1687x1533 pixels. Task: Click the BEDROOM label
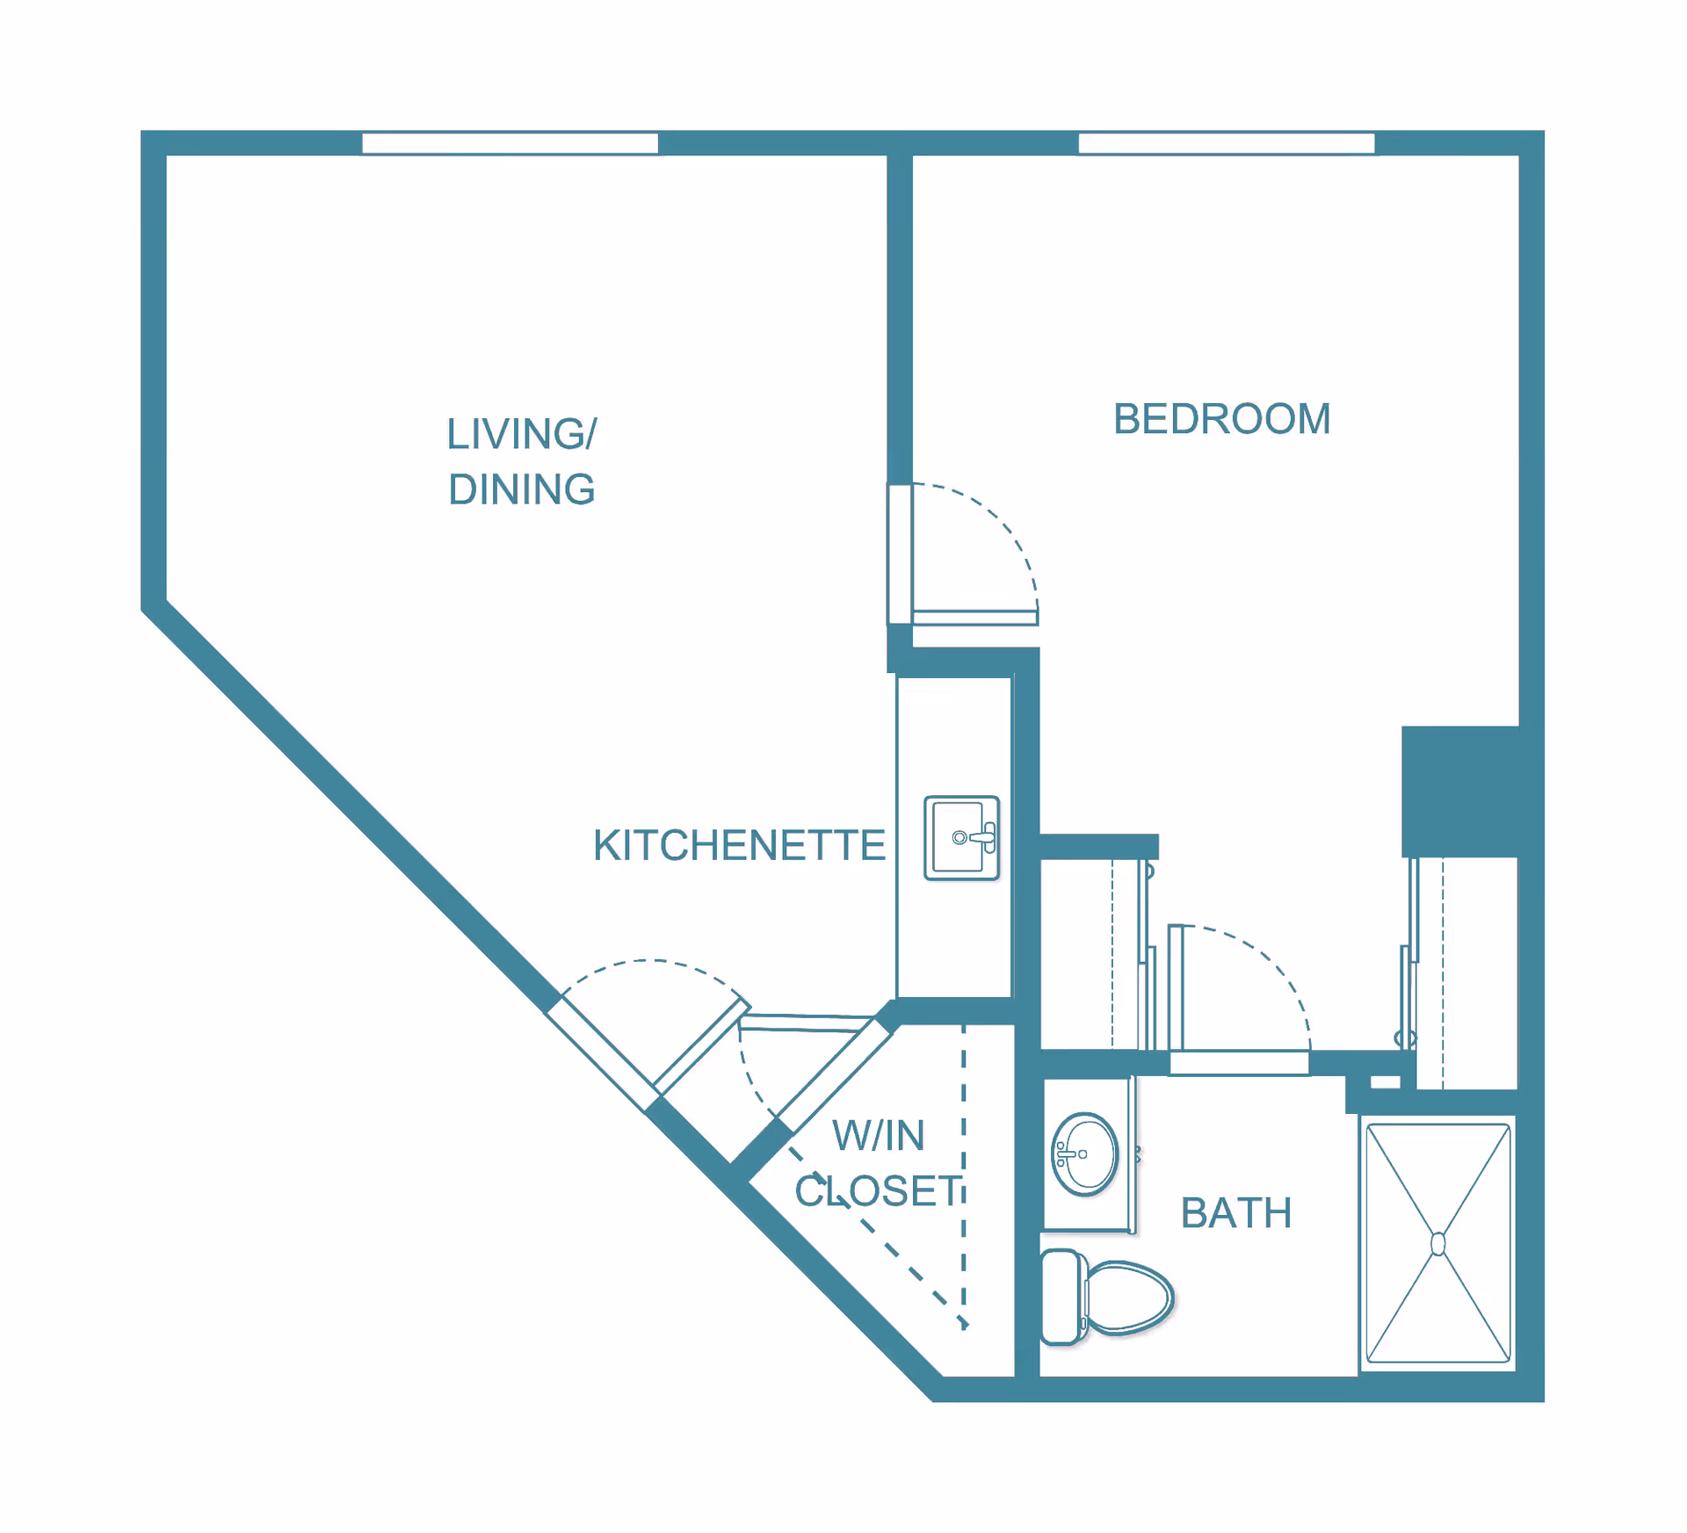[x=1221, y=419]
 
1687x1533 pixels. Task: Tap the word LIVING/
[x=522, y=434]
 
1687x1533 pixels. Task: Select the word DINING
[x=522, y=489]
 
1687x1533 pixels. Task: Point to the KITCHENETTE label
[x=739, y=845]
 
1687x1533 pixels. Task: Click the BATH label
[x=1235, y=1213]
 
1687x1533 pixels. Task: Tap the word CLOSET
[x=879, y=1191]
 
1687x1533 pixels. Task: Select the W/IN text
[x=879, y=1135]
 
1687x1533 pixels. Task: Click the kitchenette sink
[x=961, y=838]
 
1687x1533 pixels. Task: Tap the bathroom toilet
[x=1107, y=1297]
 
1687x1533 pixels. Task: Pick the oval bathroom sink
[x=1085, y=1154]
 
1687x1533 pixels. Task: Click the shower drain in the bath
[x=1438, y=1244]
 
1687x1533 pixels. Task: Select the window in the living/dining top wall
[x=510, y=143]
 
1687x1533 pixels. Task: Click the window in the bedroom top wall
[x=1227, y=143]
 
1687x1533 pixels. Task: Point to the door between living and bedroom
[x=975, y=618]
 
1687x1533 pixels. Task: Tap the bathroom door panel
[x=1176, y=987]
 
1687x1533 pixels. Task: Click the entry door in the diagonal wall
[x=701, y=1046]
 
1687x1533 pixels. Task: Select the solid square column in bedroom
[x=1460, y=791]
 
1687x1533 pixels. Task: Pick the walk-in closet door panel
[x=834, y=1075]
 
